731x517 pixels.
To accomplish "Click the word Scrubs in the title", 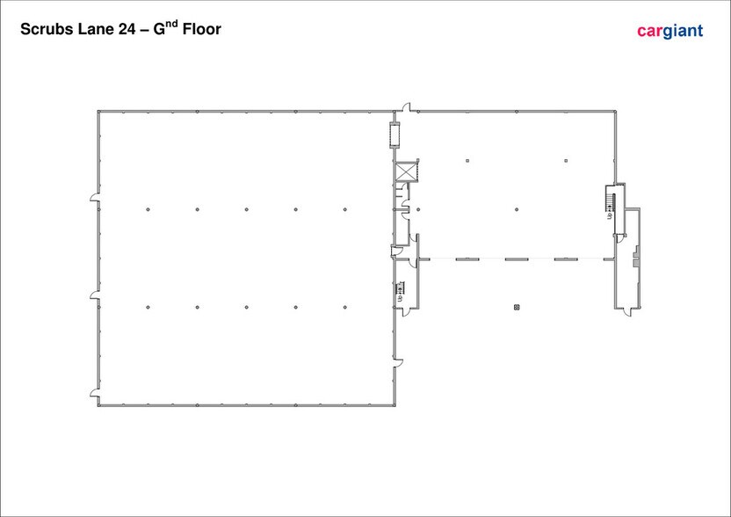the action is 47,29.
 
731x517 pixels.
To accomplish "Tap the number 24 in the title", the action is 127,29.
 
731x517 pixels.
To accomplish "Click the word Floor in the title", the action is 202,29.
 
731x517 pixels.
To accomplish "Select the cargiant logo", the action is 669,31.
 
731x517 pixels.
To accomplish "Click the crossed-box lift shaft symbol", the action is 405,171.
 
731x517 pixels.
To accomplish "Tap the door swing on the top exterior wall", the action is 407,107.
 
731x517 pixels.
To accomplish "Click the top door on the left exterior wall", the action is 95,197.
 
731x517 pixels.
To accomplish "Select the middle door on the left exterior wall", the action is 95,295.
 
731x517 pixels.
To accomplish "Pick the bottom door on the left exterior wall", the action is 95,393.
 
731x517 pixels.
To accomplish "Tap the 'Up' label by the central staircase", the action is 400,299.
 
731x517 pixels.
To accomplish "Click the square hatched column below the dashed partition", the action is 517,307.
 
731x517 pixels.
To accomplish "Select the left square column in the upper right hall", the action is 467,161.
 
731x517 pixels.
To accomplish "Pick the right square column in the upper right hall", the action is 566,161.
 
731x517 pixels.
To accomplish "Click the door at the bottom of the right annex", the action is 629,311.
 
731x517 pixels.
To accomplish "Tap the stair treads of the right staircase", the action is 608,201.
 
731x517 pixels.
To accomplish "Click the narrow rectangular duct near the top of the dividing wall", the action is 394,135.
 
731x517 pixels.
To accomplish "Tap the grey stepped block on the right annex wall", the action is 635,259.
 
